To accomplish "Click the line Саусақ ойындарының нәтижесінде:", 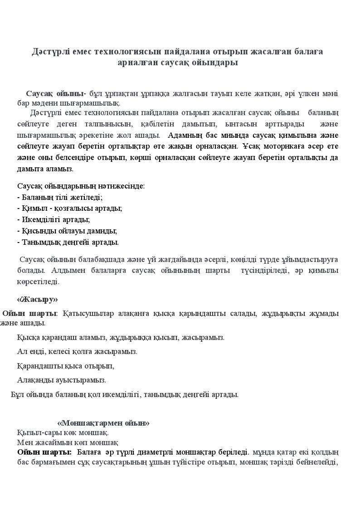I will click(81, 186).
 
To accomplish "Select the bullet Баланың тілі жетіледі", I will click(60, 197).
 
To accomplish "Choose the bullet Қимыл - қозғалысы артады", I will click(69, 208).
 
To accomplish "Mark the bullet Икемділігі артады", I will click(54, 220).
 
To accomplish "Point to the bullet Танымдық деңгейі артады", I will click(68, 242).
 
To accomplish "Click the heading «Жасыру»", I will click(37, 300).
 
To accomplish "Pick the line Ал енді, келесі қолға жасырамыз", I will click(77, 351).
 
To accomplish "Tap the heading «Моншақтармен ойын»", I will click(103, 423).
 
